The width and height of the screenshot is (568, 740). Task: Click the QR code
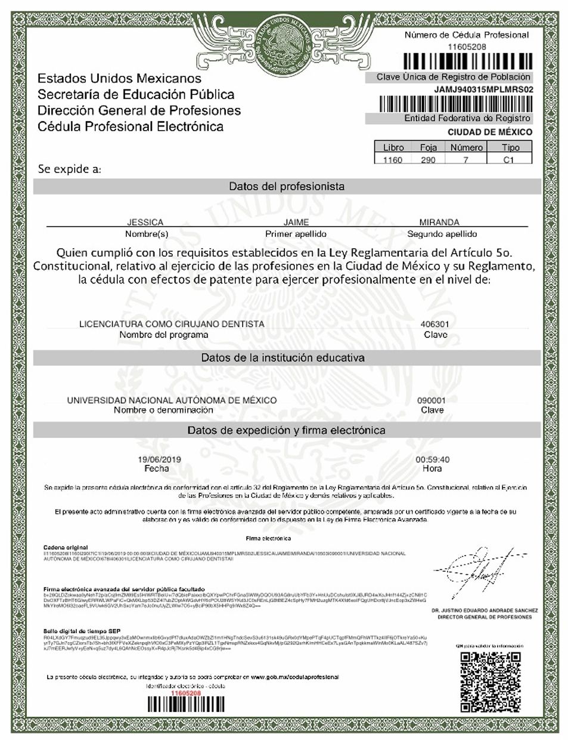[x=491, y=681]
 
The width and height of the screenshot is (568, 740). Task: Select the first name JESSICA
[x=145, y=222]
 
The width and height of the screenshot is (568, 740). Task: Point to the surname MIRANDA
[x=439, y=222]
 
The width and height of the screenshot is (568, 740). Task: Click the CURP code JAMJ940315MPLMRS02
[x=483, y=90]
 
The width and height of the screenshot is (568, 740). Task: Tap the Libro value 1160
[x=393, y=159]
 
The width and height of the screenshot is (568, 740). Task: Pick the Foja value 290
[x=428, y=159]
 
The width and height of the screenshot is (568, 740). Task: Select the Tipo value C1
[x=508, y=159]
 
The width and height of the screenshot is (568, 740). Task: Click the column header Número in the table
[x=466, y=147]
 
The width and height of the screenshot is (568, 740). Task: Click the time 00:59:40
[x=432, y=460]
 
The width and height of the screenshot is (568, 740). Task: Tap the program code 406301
[x=435, y=324]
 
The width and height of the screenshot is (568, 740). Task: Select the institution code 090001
[x=432, y=400]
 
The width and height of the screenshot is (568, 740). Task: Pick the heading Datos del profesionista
[x=287, y=186]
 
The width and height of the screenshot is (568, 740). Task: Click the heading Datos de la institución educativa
[x=283, y=357]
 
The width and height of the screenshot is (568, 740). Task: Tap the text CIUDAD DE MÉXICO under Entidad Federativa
[x=490, y=132]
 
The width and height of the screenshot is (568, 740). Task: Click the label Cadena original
[x=66, y=547]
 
